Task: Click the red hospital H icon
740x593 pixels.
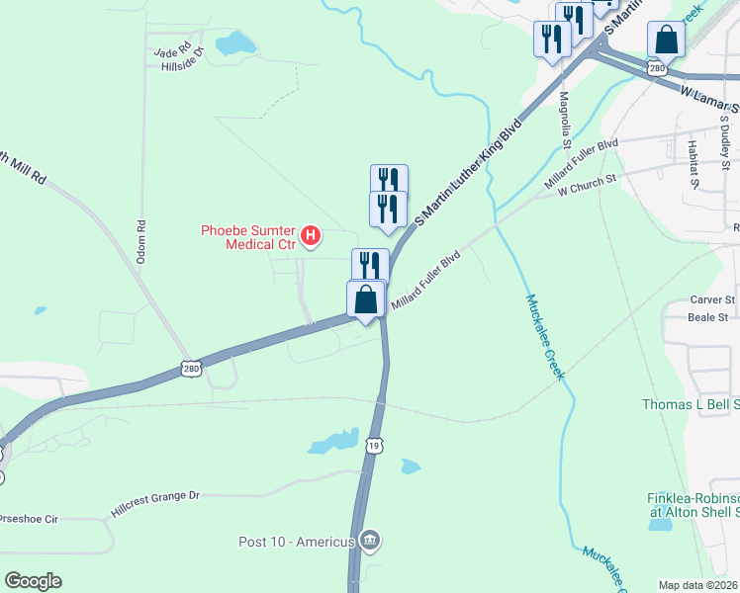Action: tap(311, 236)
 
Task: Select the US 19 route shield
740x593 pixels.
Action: tap(373, 446)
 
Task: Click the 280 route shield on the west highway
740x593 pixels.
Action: tap(193, 369)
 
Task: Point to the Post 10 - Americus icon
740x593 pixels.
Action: tap(370, 541)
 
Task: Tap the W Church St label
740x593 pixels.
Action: tap(587, 183)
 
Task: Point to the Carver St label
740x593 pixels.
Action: tap(712, 298)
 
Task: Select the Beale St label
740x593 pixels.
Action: tap(708, 317)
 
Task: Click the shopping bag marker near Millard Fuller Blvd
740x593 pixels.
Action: tap(366, 298)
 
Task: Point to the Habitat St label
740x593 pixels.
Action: tap(693, 162)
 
